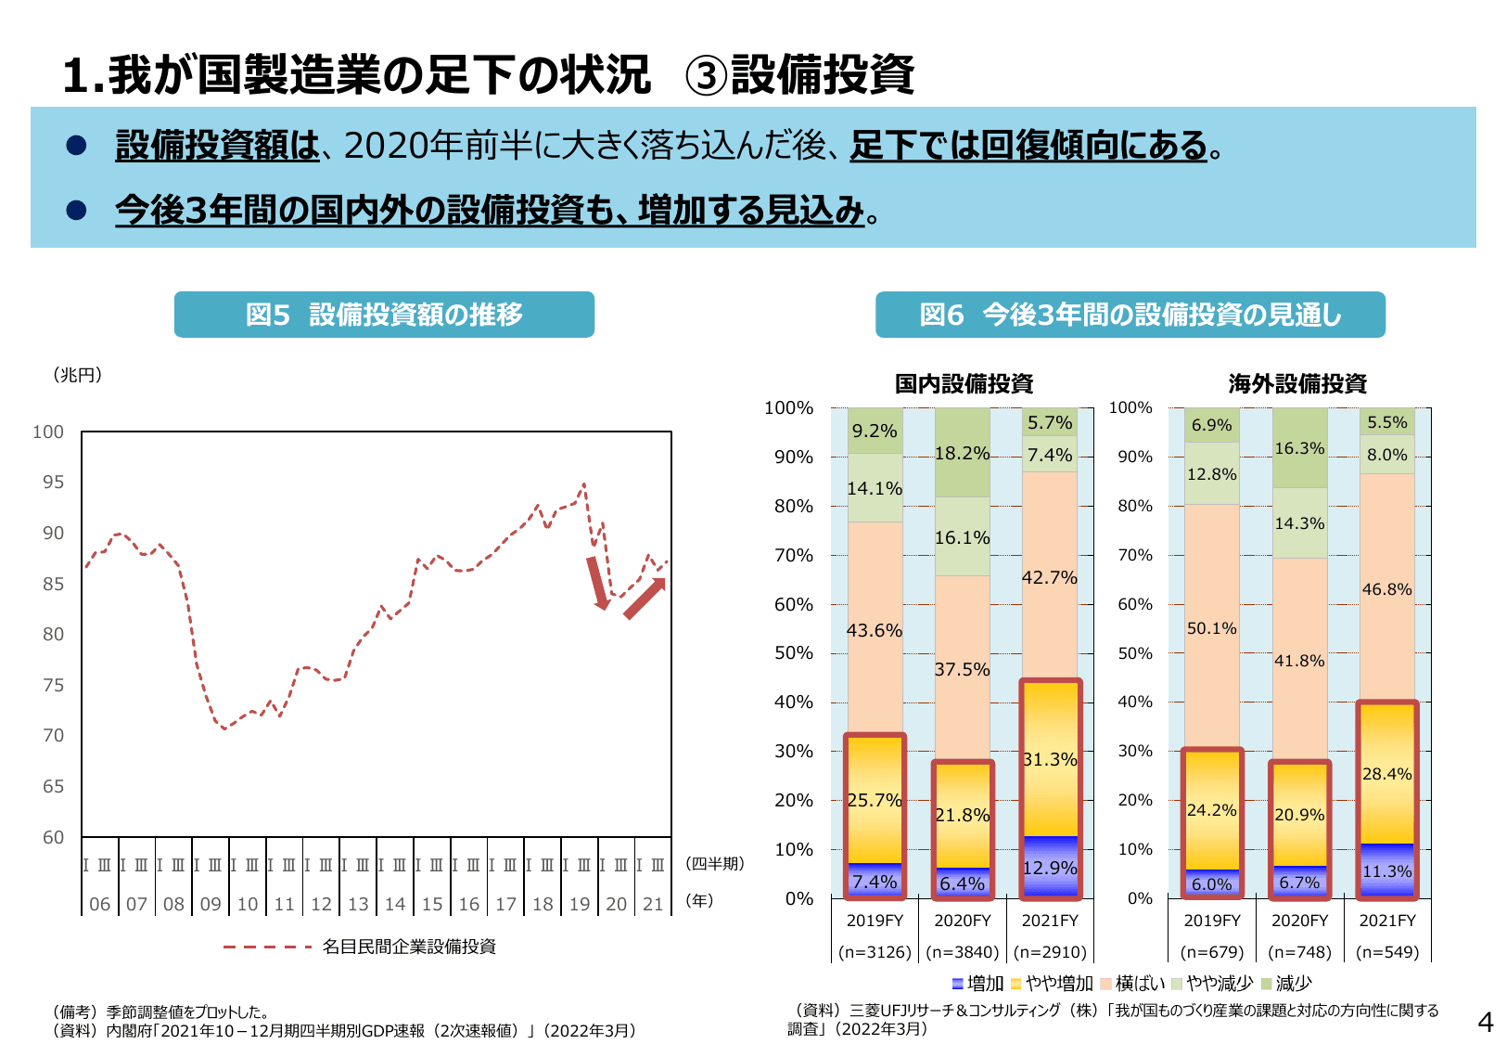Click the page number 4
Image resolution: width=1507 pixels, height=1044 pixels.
click(x=1485, y=1023)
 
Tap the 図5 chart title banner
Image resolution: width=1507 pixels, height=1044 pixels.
click(x=384, y=315)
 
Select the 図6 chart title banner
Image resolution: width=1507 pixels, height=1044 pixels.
click(x=1130, y=316)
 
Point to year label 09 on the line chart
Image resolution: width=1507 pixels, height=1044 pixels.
click(x=211, y=904)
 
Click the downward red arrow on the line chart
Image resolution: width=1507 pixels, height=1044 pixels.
click(x=597, y=583)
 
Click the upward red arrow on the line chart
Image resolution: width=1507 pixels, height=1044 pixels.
click(x=645, y=598)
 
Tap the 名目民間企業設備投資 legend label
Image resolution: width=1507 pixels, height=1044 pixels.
click(x=409, y=947)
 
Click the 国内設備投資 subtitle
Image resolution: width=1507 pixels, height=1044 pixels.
click(x=964, y=383)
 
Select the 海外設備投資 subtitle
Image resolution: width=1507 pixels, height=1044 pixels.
click(x=1297, y=383)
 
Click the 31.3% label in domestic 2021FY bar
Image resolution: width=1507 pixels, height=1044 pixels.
click(x=1050, y=759)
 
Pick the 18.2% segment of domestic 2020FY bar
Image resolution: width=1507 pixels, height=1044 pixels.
click(x=962, y=454)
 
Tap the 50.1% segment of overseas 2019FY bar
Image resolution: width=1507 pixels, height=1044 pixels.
click(x=1211, y=628)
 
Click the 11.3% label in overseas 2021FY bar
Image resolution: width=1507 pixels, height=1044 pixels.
click(x=1386, y=871)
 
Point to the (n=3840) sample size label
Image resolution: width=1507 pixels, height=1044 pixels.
click(x=962, y=952)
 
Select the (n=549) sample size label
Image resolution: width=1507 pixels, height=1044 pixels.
click(x=1386, y=952)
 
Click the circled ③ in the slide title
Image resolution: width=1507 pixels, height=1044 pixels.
click(x=707, y=75)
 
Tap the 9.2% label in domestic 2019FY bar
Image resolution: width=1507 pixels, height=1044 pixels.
click(x=875, y=432)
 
